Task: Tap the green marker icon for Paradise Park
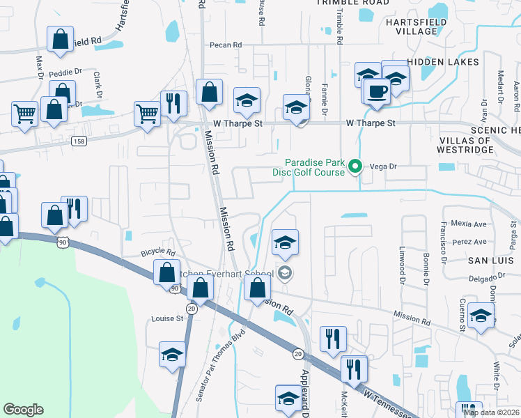[x=355, y=167]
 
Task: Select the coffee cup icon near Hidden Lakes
[x=378, y=91]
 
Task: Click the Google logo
[x=23, y=410]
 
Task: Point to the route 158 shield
[x=79, y=141]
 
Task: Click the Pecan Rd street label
[x=226, y=45]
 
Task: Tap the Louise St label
[x=166, y=318]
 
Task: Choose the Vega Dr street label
[x=383, y=167]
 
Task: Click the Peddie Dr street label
[x=68, y=70]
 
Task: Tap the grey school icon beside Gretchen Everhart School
[x=284, y=272]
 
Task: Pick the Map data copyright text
[x=491, y=412]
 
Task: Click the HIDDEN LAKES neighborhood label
[x=443, y=62]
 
